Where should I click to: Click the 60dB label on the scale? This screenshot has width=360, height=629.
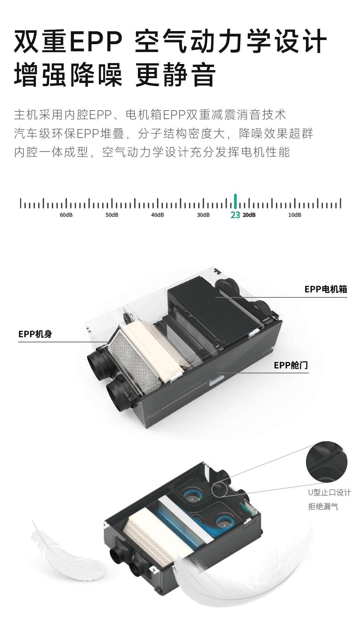[66, 215]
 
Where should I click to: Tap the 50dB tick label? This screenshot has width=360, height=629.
[112, 215]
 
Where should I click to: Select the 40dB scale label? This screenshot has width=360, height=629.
[157, 215]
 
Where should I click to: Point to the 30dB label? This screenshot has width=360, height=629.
[203, 215]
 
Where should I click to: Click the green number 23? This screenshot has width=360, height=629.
[235, 215]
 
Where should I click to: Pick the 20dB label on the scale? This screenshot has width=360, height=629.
[249, 215]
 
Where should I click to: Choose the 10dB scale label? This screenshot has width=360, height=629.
[295, 215]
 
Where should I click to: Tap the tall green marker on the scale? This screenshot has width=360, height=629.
[235, 201]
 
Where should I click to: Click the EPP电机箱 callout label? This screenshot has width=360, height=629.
[326, 289]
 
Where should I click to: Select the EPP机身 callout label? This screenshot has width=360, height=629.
[35, 334]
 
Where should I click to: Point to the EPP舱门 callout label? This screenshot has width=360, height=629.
[291, 365]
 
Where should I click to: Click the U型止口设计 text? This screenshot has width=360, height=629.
[330, 492]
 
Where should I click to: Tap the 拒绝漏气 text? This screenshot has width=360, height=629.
[323, 506]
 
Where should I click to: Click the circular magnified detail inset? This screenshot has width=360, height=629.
[326, 462]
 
